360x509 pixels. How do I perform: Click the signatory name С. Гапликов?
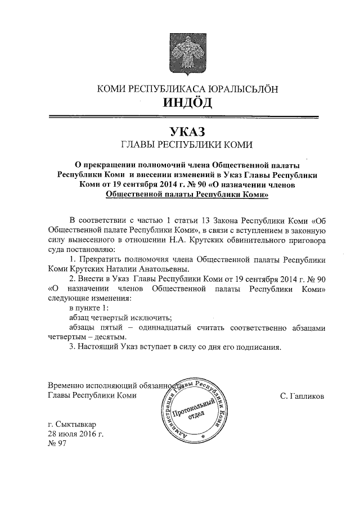pyautogui.click(x=301, y=396)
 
